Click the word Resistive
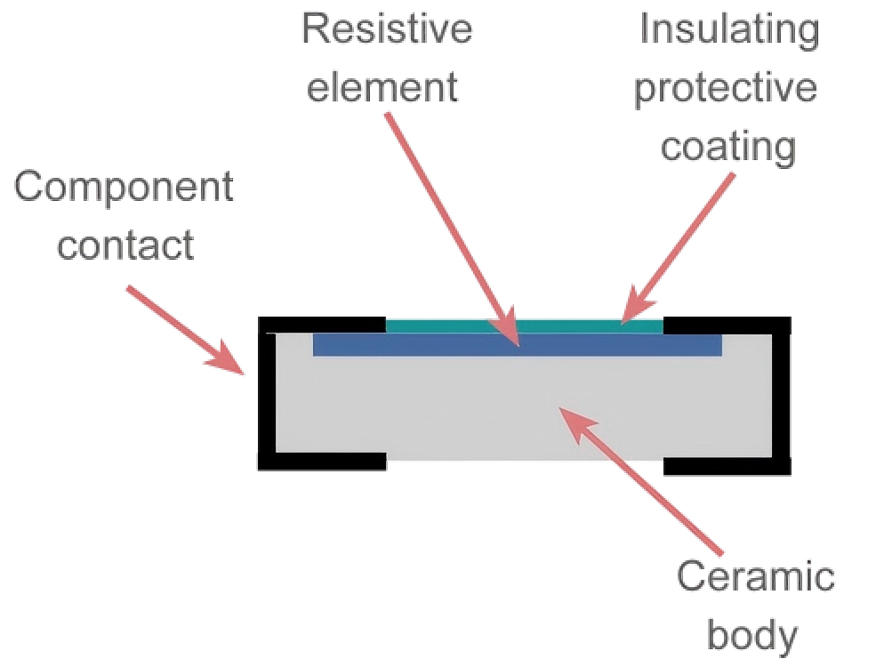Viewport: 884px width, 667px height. [387, 28]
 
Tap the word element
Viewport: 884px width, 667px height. [382, 87]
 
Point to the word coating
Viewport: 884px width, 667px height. [727, 146]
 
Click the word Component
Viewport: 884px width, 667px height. [125, 189]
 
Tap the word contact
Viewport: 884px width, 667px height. [125, 244]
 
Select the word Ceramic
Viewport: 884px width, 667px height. [755, 576]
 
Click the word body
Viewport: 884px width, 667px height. [751, 635]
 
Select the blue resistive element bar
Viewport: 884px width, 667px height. [427, 345]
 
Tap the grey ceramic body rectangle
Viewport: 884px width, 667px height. [445, 409]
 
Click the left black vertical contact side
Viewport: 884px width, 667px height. [267, 391]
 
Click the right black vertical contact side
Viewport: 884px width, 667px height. [781, 391]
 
